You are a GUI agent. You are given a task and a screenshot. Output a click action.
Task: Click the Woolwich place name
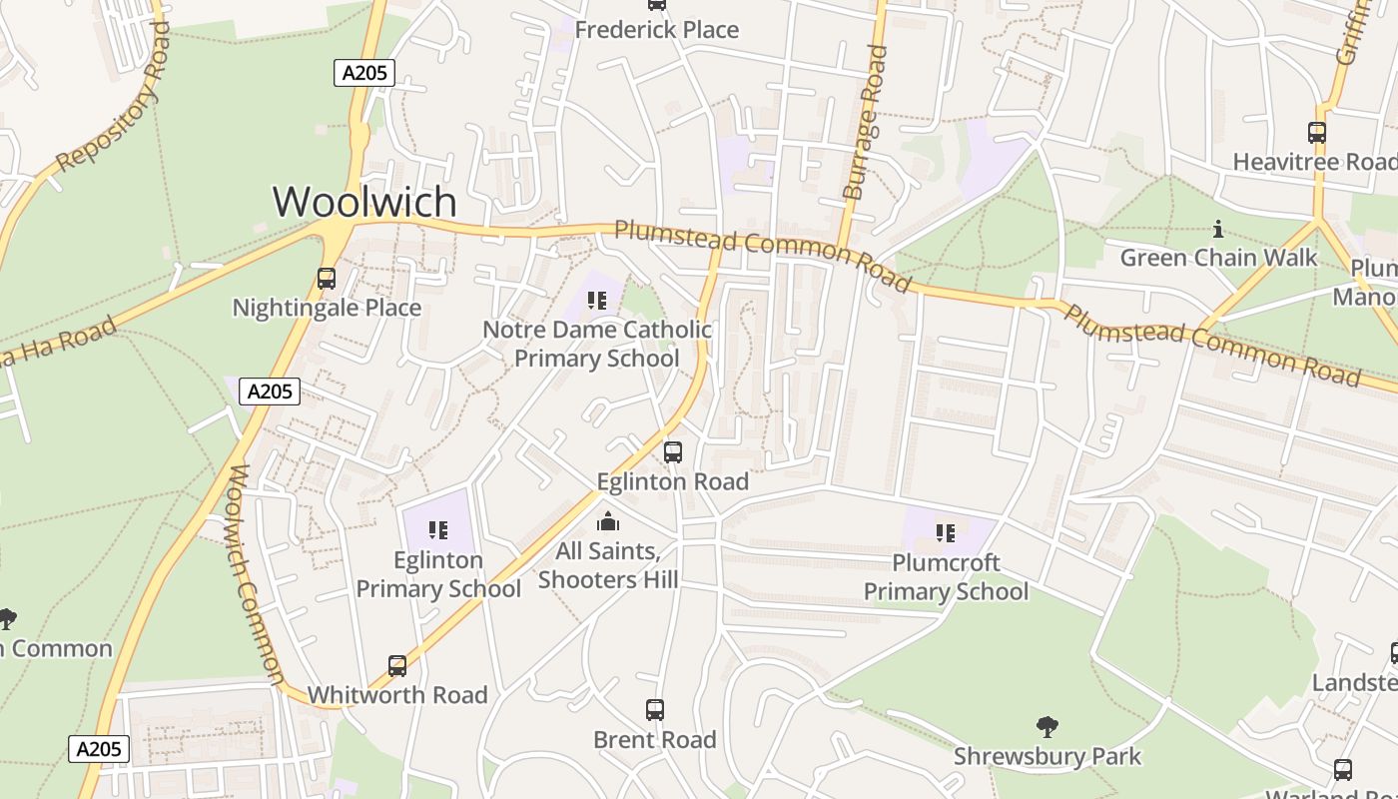click(x=364, y=202)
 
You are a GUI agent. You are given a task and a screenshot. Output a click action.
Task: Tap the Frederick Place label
click(x=656, y=30)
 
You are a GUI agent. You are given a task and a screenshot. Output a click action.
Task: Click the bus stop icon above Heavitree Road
click(x=1316, y=132)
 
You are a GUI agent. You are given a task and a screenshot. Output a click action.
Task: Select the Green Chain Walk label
click(x=1218, y=258)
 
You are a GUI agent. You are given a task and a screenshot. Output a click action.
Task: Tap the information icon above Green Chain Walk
click(x=1217, y=229)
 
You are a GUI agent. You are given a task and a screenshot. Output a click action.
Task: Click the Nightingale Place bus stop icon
click(x=327, y=279)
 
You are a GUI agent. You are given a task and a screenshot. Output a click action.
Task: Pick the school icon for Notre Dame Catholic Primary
click(x=597, y=300)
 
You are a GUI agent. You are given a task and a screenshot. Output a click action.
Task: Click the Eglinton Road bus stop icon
click(x=673, y=452)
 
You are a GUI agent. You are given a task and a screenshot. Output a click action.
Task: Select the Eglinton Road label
click(x=672, y=481)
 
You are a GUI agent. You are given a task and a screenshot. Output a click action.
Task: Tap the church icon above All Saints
click(x=607, y=522)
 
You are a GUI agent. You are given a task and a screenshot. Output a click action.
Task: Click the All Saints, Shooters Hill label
click(x=608, y=565)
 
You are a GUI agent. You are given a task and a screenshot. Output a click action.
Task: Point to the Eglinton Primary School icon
click(x=438, y=530)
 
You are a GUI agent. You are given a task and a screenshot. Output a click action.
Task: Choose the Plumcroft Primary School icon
click(x=945, y=533)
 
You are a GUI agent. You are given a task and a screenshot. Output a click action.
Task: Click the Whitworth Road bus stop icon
click(x=397, y=665)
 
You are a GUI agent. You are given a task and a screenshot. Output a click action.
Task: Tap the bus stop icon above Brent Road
click(x=655, y=710)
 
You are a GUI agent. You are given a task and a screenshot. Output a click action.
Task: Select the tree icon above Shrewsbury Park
click(x=1047, y=726)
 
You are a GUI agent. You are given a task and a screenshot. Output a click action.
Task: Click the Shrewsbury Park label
click(x=1047, y=756)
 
